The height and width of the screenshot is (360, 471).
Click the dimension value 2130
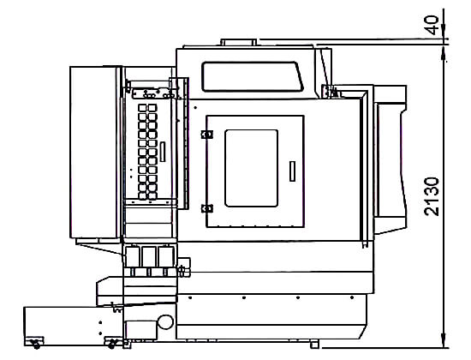(432, 196)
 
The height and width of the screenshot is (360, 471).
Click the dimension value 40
(432, 25)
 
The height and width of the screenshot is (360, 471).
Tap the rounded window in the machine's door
(251, 168)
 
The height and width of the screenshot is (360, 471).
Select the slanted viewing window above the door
(252, 76)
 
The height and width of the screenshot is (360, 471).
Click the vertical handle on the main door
(292, 171)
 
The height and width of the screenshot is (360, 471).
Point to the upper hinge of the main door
(207, 134)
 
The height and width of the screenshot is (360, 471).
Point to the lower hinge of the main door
(207, 208)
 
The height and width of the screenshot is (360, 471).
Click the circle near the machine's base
(165, 321)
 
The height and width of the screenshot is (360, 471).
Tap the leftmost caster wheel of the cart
(36, 344)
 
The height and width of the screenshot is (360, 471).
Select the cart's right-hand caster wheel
(112, 344)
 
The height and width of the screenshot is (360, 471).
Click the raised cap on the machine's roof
(239, 42)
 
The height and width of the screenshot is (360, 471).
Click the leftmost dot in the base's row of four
(190, 297)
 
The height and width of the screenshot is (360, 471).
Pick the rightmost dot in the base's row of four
(352, 297)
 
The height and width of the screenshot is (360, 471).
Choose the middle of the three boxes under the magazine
(149, 256)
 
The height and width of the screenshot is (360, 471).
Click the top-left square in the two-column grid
(142, 108)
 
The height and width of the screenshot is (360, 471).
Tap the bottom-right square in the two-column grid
(152, 195)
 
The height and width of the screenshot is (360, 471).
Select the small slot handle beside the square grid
(163, 152)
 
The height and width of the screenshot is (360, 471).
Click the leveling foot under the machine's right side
(314, 344)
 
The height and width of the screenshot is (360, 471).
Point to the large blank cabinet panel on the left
(94, 153)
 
